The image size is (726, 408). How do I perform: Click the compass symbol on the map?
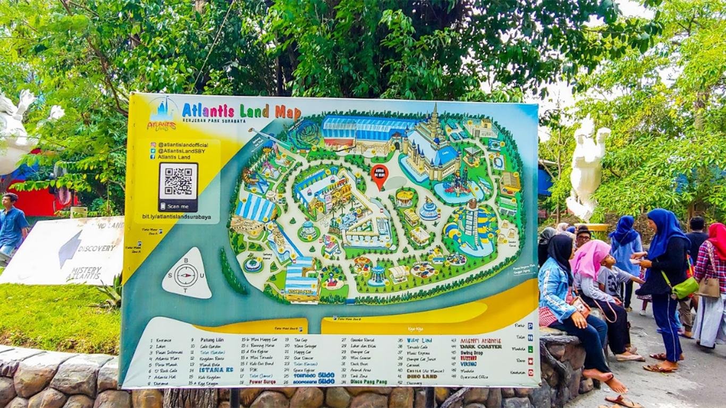[186, 275]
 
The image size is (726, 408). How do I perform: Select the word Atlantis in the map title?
[208, 110]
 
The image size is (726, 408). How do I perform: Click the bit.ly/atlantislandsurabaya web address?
[176, 217]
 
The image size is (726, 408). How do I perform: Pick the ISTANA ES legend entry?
[216, 369]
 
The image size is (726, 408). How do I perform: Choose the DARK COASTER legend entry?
[482, 346]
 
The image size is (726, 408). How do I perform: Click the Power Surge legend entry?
[263, 381]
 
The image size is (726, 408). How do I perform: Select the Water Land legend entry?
[419, 340]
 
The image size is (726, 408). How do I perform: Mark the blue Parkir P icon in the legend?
[530, 325]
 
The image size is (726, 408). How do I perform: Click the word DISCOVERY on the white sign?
[96, 248]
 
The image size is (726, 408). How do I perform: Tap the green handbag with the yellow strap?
[684, 287]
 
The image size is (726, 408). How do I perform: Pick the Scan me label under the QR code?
[178, 206]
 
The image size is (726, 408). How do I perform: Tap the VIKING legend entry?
[468, 364]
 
